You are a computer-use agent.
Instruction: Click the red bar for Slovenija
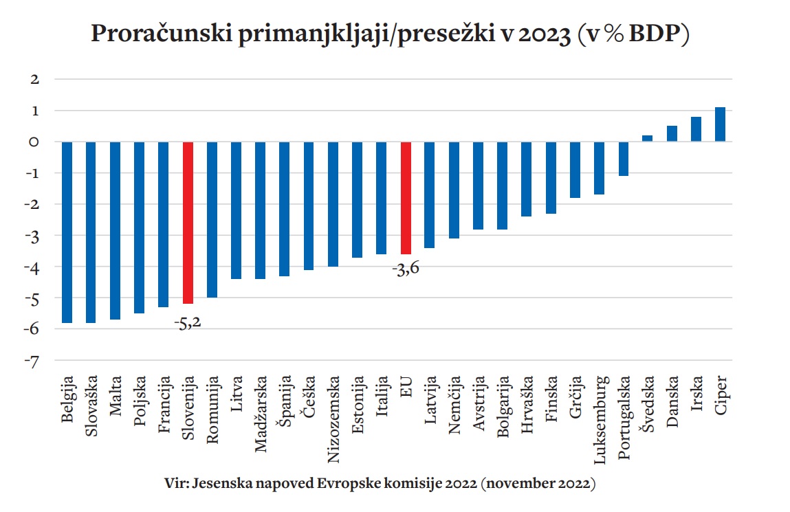(188, 222)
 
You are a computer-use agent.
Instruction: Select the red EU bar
(406, 198)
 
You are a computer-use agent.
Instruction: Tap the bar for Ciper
(720, 124)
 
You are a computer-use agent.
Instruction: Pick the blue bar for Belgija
(67, 232)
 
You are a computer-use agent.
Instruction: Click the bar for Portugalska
(624, 159)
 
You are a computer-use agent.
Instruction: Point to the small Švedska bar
(648, 138)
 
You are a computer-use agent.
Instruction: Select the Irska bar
(696, 129)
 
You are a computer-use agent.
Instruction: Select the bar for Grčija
(575, 170)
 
